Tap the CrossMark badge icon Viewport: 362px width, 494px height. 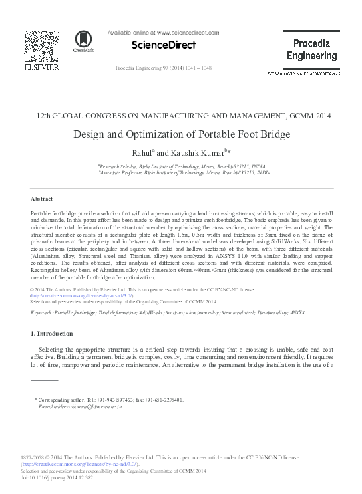click(84, 41)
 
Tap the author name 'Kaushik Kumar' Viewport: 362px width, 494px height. click(199, 152)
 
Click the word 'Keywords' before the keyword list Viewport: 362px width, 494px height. click(43, 311)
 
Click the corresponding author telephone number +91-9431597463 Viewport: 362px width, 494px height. click(121, 400)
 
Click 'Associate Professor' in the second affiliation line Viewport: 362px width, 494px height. click(121, 172)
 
